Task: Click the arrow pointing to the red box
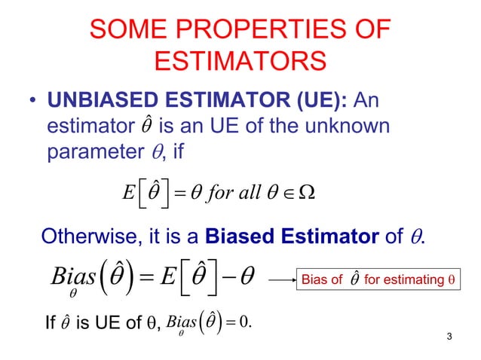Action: pos(276,279)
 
